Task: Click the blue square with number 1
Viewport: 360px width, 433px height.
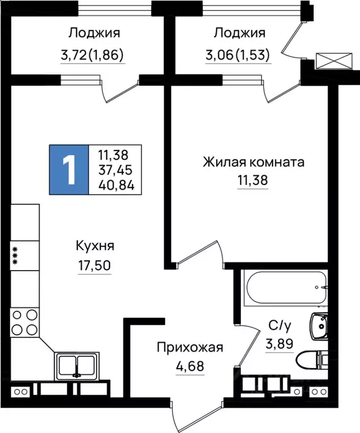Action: coord(69,170)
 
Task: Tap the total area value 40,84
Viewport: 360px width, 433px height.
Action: coord(115,185)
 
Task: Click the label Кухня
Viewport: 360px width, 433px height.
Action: coord(95,246)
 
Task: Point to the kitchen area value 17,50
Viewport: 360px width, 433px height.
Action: coord(95,265)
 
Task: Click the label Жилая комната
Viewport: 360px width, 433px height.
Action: coord(253,163)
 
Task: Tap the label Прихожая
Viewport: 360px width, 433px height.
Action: coord(190,347)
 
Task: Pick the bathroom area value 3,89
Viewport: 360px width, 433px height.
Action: coord(279,343)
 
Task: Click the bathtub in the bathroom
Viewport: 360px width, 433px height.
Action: coord(284,286)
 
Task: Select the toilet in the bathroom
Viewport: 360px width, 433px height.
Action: coord(313,359)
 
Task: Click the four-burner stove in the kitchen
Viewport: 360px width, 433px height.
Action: coord(25,323)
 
